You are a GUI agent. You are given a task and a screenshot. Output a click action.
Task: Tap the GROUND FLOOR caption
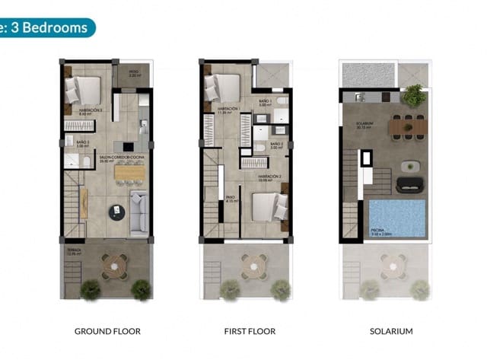[107, 331]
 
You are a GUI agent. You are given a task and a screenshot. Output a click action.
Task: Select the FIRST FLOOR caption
[250, 331]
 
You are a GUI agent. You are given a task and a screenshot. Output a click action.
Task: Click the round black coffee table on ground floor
[116, 212]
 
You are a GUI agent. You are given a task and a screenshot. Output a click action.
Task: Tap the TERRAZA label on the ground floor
[73, 250]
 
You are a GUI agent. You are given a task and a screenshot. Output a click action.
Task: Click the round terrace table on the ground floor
[113, 265]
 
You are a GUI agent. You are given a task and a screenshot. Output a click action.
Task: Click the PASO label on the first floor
[230, 197]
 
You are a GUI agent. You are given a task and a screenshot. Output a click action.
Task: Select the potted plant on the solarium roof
[413, 95]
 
